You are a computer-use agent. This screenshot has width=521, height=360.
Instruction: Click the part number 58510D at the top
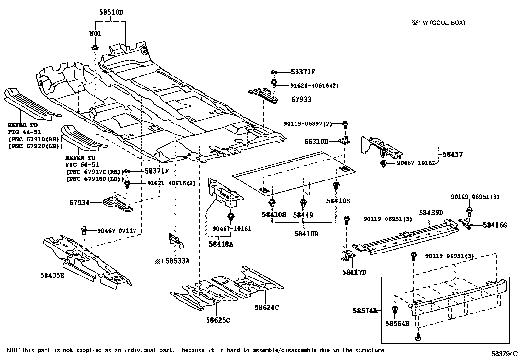112,13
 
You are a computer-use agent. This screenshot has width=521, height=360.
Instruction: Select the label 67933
301,99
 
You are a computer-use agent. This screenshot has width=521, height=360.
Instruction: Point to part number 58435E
52,275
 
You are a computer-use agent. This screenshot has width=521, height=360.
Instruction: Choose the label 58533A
177,261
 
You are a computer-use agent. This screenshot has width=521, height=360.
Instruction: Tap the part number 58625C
218,320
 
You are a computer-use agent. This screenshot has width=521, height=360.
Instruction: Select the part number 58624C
267,307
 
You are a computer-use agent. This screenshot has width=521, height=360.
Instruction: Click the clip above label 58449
303,203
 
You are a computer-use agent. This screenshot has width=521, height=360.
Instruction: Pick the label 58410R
306,234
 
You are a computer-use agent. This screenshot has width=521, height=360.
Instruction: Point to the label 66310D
316,142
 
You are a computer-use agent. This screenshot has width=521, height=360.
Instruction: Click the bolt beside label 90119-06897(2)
345,124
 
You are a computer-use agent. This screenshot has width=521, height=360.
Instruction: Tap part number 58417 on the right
453,154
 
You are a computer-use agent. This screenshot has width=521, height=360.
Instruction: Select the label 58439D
431,213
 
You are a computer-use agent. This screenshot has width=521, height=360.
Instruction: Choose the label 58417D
354,272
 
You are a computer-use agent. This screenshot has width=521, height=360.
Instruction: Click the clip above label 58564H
395,309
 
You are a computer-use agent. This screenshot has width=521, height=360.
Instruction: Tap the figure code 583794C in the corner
504,354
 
